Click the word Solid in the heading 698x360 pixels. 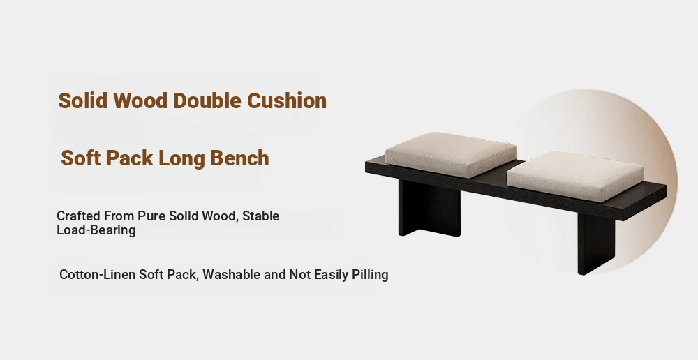click(83, 100)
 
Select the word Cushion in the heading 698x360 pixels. click(287, 100)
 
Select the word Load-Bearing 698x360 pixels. click(96, 230)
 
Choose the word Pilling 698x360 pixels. click(370, 275)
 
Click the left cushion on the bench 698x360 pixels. click(450, 154)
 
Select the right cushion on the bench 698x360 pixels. click(575, 177)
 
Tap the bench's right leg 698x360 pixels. click(595, 243)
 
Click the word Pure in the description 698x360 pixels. click(150, 216)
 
